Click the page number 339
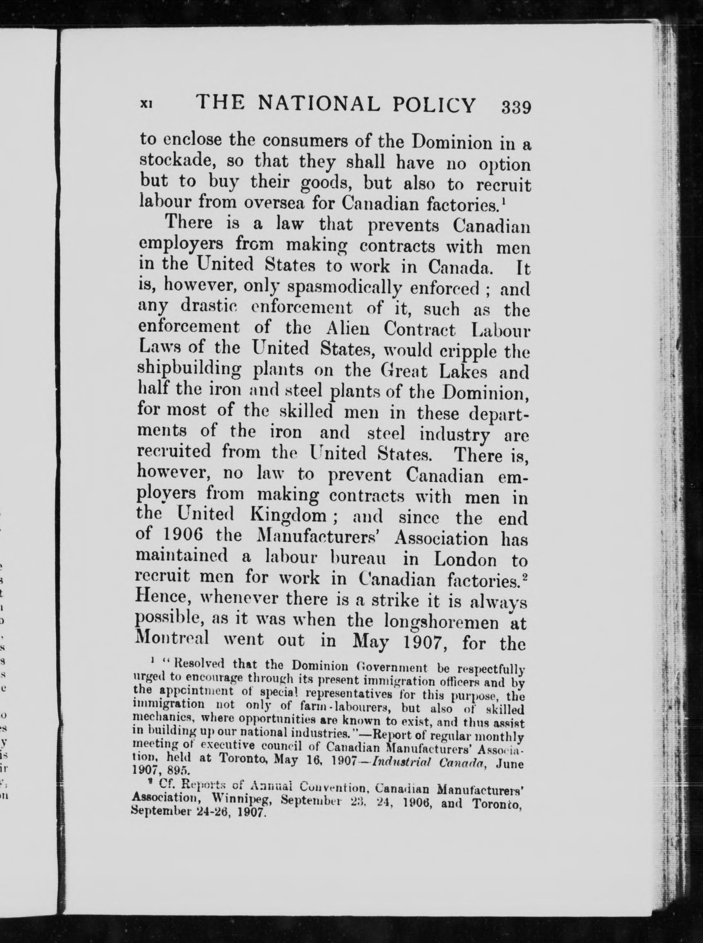(x=516, y=107)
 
